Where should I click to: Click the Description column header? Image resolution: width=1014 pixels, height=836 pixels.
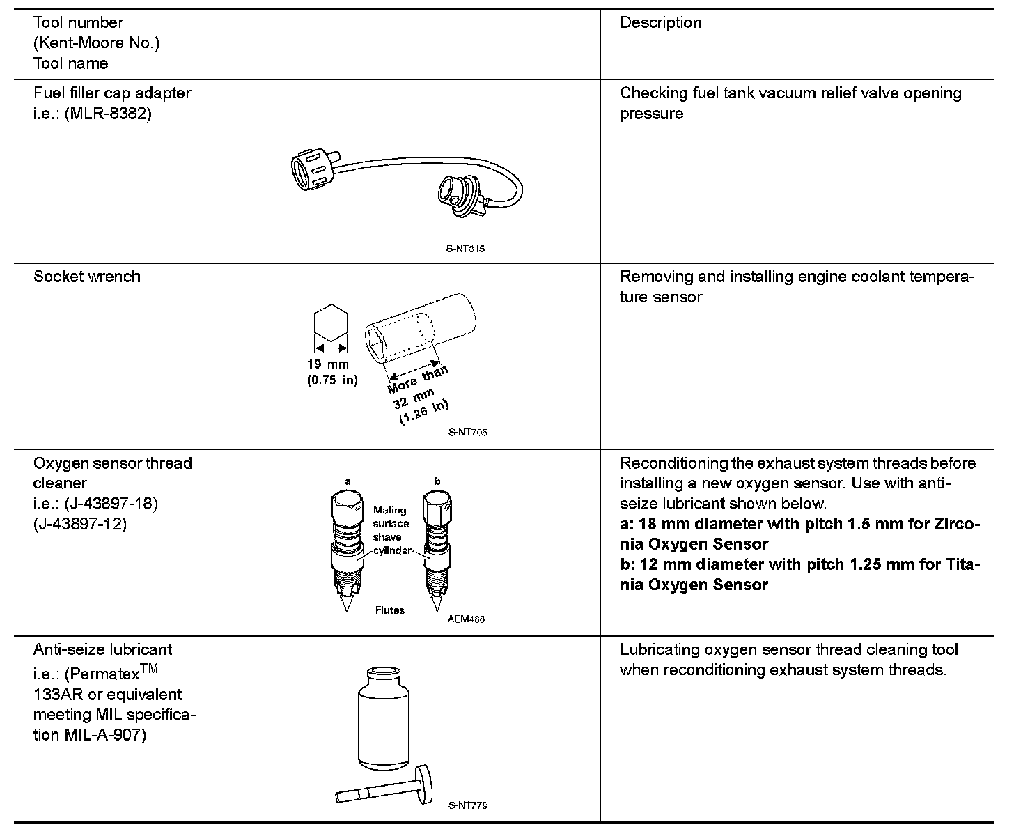point(660,23)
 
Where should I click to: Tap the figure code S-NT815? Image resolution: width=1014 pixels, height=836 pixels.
point(465,249)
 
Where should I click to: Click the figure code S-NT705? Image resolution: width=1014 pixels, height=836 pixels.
point(468,432)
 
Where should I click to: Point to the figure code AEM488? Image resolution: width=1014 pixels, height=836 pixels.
point(466,619)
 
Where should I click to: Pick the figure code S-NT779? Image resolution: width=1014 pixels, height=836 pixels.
point(468,805)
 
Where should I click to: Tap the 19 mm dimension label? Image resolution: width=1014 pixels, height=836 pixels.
point(327,364)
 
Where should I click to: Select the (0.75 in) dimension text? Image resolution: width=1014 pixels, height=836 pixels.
point(331,380)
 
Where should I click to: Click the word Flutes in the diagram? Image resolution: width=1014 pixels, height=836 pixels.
point(389,610)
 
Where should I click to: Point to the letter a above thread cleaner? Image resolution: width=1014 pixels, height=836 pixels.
point(348,481)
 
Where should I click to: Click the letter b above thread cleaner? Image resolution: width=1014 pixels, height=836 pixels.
point(437,481)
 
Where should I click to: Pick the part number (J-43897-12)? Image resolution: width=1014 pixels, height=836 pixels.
point(80,524)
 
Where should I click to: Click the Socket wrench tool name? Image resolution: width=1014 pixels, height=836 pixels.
point(87,277)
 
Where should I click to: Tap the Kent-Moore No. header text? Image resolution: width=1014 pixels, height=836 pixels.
point(97,43)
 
